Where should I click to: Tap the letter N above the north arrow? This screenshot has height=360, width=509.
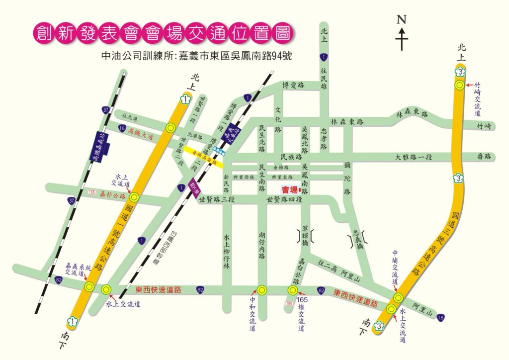click(x=402, y=20)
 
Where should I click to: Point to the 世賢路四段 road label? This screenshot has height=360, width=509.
click(x=284, y=200)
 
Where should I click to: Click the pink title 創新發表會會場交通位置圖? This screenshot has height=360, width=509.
click(x=161, y=33)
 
